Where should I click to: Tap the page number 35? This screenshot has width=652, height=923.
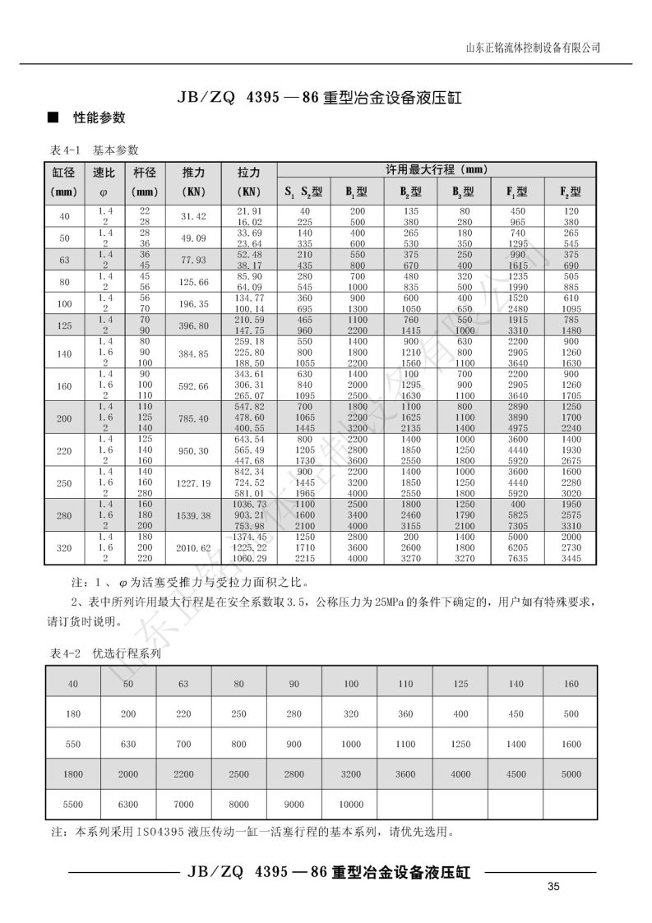(553, 886)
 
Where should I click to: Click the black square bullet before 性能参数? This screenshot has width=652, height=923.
(52, 118)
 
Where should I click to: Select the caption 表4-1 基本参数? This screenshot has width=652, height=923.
(95, 150)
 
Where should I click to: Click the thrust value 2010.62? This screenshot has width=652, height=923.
(192, 547)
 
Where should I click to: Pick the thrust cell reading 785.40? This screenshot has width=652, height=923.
(192, 418)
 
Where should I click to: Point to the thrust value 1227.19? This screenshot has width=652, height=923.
(192, 482)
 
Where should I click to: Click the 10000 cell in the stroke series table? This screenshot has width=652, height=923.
(350, 804)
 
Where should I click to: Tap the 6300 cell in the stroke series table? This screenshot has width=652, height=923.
(128, 804)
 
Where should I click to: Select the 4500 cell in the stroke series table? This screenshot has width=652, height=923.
(516, 774)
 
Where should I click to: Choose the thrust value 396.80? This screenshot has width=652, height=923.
(192, 325)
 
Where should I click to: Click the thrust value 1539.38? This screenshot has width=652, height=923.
(192, 515)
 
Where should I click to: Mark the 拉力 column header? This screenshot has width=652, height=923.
(249, 173)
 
